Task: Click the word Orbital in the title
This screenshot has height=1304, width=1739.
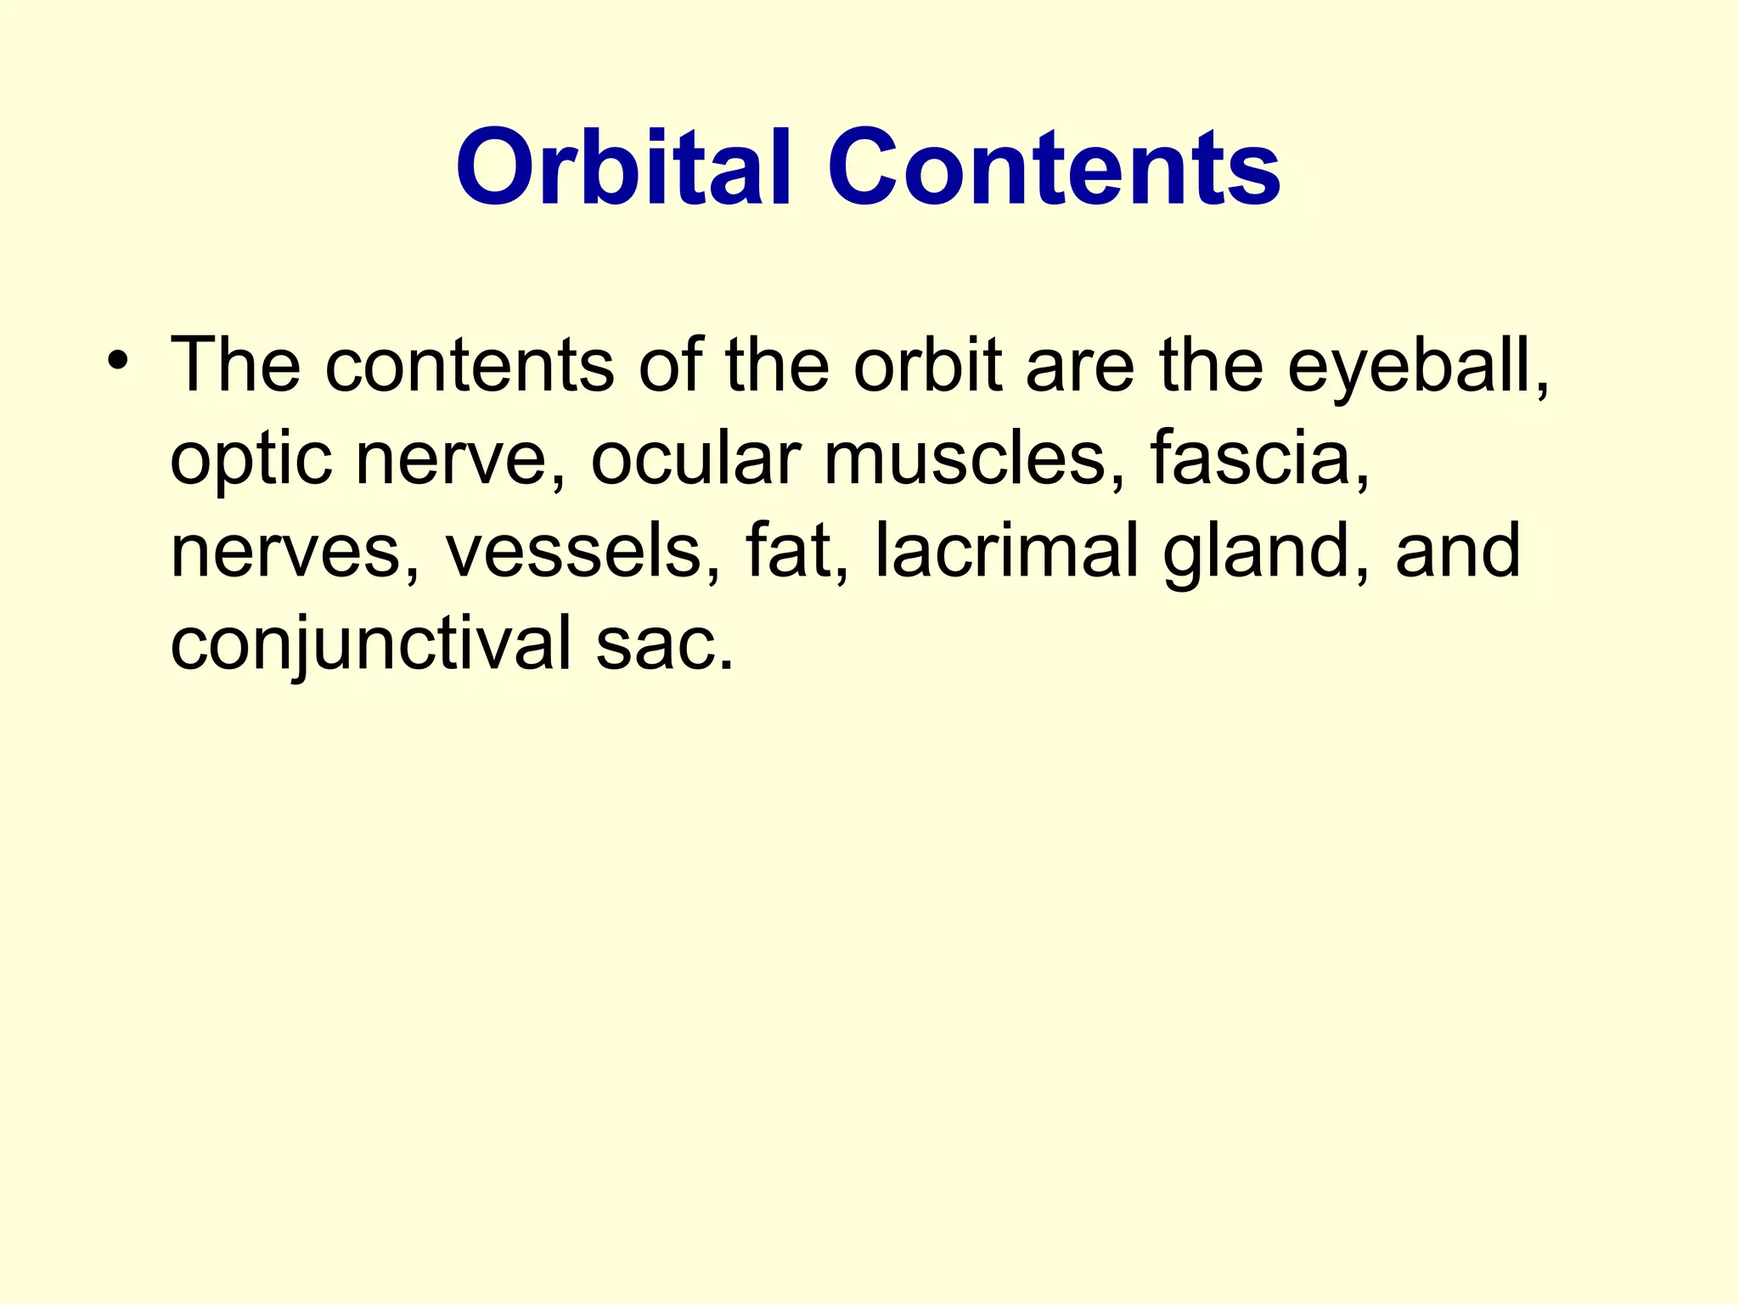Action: (x=624, y=167)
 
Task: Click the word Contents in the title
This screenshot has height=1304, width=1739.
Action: (x=1054, y=167)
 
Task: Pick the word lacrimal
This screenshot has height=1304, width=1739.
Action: (x=1006, y=552)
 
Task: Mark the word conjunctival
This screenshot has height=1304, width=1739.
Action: (x=371, y=646)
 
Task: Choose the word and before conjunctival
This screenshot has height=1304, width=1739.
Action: (x=1457, y=552)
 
